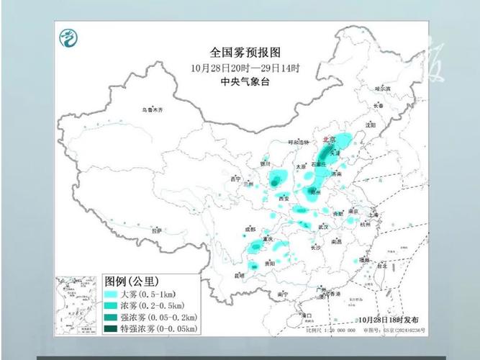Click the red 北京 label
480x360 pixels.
[x=329, y=141]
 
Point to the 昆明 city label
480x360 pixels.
[x=240, y=276]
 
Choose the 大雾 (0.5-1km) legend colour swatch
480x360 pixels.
[x=110, y=294]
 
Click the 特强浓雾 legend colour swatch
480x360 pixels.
[x=110, y=328]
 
